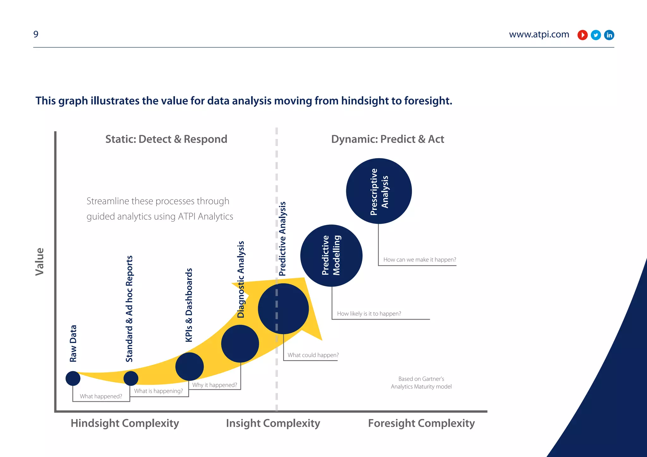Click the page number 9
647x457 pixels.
36,34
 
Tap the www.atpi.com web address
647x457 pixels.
539,34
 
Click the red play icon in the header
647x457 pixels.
582,35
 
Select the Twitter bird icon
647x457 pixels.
596,35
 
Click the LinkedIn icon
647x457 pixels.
609,35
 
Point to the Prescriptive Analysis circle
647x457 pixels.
379,191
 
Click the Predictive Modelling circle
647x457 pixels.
331,256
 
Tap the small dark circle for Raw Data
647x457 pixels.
73,378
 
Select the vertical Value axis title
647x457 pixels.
40,262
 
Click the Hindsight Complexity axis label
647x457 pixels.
125,423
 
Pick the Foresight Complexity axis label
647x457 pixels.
421,423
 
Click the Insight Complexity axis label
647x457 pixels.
273,423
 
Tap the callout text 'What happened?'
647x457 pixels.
101,396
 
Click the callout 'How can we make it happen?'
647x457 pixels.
420,260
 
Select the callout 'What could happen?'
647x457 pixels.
313,355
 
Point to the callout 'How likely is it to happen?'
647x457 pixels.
369,314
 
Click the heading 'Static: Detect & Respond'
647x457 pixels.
166,139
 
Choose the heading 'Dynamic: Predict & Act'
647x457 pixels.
387,139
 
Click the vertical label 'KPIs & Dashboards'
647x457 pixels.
189,305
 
